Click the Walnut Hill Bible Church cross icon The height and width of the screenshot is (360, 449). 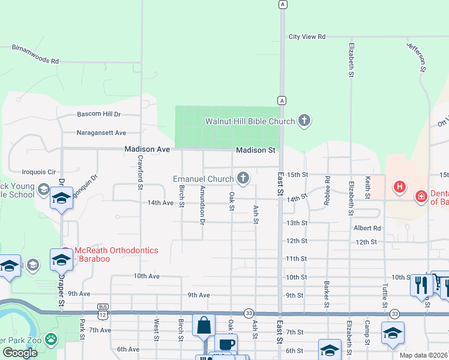(x=304, y=121)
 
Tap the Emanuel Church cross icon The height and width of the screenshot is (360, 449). (x=243, y=178)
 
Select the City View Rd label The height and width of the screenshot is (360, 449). (x=307, y=37)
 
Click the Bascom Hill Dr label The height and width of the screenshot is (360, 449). (x=99, y=114)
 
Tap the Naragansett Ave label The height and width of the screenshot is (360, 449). (x=101, y=133)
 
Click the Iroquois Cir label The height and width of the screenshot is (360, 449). (x=39, y=171)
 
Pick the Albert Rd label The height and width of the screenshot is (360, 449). (x=367, y=228)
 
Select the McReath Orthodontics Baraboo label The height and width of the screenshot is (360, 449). (x=118, y=250)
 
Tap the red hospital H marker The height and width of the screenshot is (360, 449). (x=399, y=187)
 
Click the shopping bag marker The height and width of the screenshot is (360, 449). (x=203, y=325)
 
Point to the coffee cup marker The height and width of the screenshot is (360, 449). (x=226, y=344)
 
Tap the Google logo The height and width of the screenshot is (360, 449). (x=20, y=353)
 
